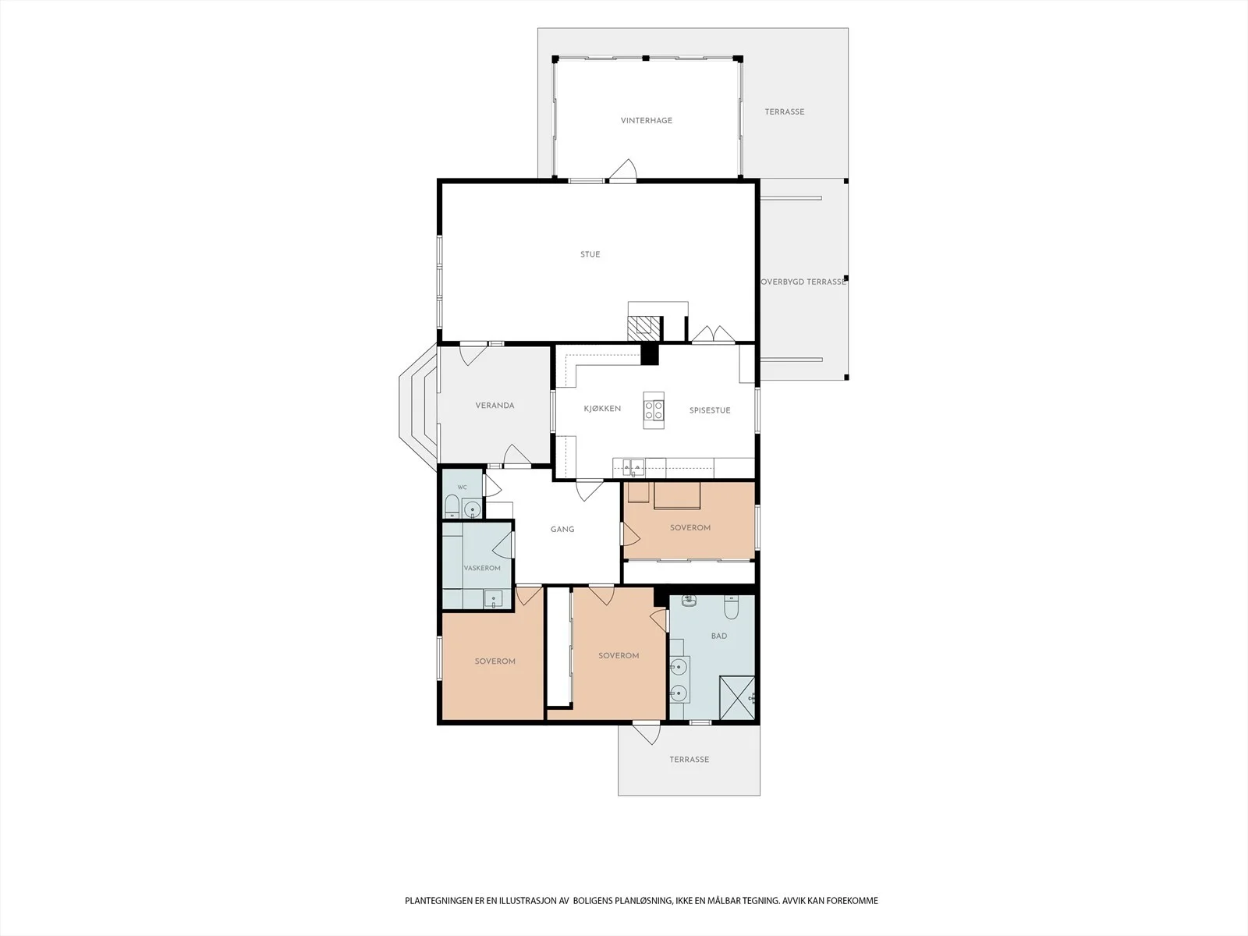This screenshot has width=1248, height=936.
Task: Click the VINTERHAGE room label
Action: (x=647, y=120)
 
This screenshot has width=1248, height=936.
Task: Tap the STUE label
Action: (x=590, y=254)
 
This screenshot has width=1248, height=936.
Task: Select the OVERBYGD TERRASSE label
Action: (x=803, y=282)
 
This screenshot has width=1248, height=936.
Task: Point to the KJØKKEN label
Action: (x=602, y=409)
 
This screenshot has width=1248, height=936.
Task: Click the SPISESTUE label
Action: (x=710, y=410)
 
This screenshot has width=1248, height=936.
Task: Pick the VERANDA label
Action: (x=495, y=406)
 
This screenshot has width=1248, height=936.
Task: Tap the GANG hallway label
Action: (x=562, y=529)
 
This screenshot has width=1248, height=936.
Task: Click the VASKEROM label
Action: (x=482, y=569)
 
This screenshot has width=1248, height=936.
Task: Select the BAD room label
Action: (x=719, y=636)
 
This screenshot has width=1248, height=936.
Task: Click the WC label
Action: (x=463, y=487)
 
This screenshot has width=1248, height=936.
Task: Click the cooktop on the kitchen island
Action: (x=654, y=409)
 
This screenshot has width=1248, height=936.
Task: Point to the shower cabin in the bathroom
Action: (x=737, y=698)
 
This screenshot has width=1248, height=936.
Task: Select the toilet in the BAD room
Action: (x=731, y=608)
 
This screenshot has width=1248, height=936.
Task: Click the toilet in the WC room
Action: (x=452, y=506)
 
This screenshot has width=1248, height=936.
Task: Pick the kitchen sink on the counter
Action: (x=633, y=468)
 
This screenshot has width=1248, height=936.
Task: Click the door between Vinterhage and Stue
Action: (x=623, y=171)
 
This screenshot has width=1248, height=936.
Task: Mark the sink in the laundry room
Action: (x=493, y=599)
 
